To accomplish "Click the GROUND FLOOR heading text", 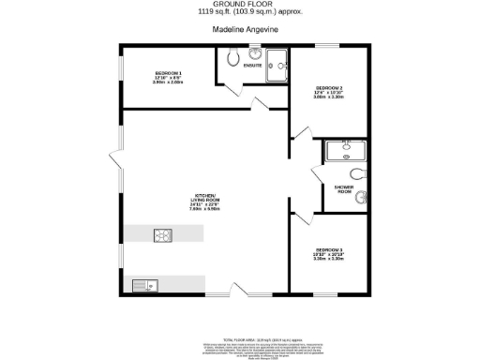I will coord(239,5).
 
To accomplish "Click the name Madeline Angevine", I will coord(239,29).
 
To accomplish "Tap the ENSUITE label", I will coord(251,67).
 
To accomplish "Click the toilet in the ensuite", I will coord(232,54).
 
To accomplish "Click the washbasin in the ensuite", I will coord(255,53).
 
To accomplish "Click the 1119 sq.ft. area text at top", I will coord(239,13).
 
